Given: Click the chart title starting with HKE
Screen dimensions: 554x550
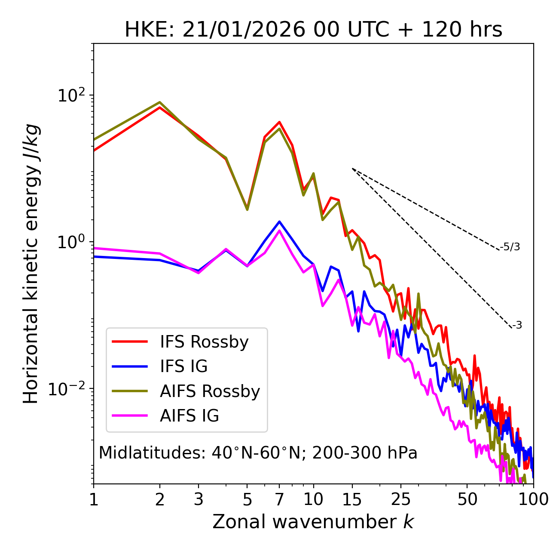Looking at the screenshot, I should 313,30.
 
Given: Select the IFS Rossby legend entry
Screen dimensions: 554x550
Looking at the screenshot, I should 204,342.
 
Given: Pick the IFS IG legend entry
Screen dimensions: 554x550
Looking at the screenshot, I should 183,366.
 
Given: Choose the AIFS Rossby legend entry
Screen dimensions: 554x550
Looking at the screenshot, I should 210,391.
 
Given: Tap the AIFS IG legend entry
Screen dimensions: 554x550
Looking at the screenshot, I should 189,416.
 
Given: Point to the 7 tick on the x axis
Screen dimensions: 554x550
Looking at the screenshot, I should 279,499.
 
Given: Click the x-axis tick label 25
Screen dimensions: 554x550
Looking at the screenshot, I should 400,499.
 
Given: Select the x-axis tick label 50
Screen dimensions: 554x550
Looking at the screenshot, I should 467,499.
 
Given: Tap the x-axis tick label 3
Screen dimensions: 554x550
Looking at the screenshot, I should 199,499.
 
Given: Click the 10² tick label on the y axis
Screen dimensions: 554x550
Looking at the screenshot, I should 71,95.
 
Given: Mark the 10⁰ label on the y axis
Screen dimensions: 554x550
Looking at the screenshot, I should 71,242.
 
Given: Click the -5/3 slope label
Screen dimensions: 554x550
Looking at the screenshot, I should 510,247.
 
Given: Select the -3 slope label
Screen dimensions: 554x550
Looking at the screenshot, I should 517,326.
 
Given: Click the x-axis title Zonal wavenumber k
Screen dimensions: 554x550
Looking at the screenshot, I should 313,522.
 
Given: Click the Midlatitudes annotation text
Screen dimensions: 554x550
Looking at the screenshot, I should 258,453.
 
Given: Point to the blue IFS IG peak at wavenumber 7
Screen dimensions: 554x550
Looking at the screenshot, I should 279,222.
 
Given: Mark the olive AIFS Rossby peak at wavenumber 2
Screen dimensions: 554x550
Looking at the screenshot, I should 160,102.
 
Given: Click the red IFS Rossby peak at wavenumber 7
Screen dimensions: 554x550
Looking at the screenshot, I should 279,122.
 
